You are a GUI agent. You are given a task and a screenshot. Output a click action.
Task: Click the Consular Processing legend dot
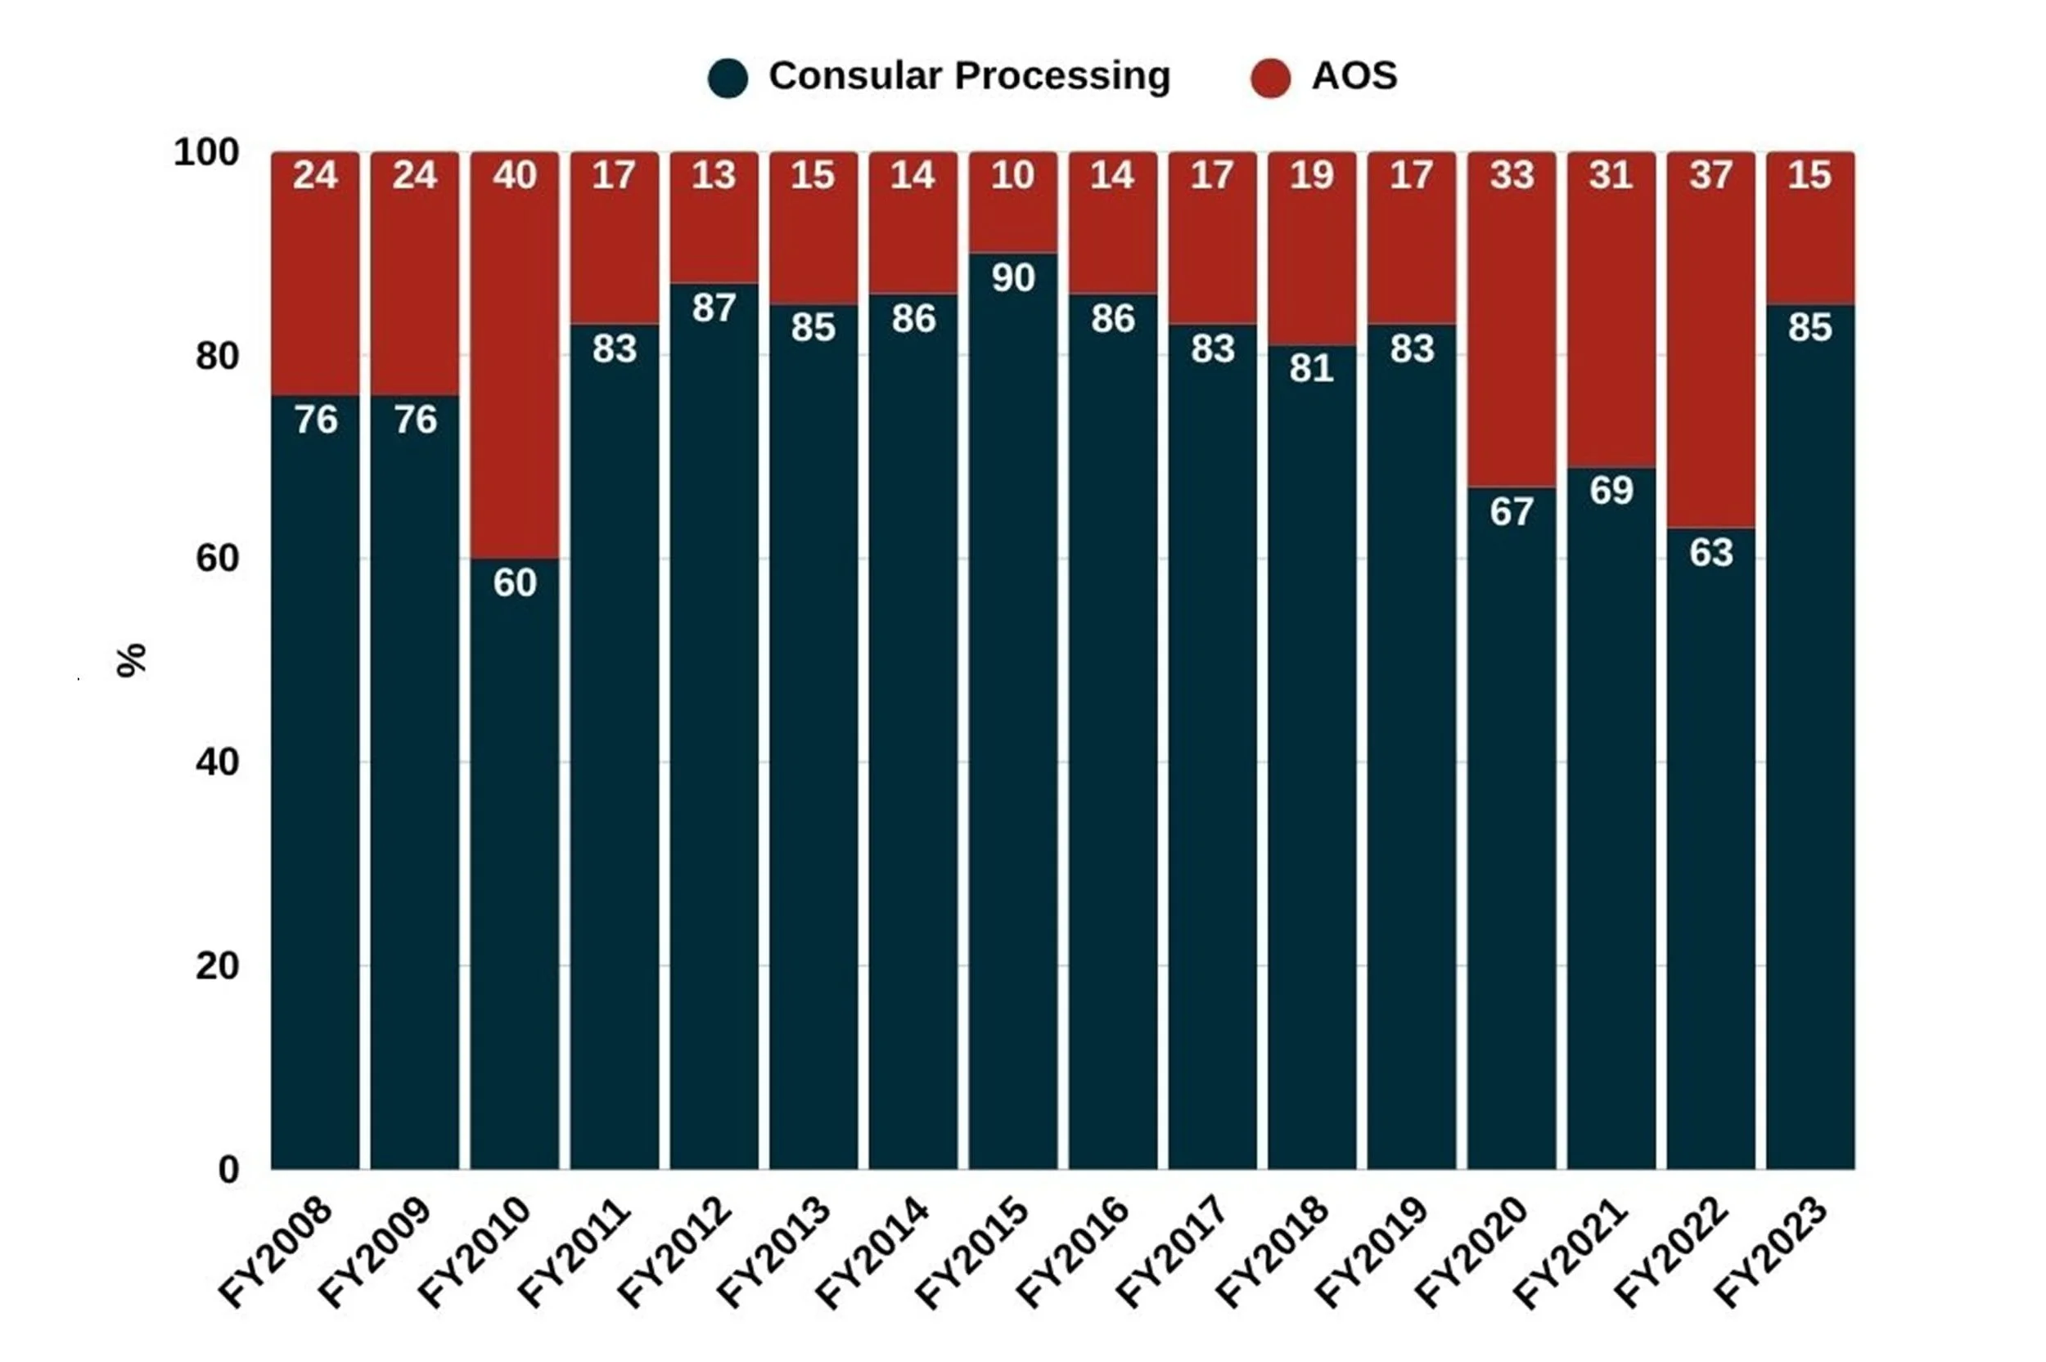[x=728, y=79]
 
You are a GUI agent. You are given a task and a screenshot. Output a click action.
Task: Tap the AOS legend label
[x=1354, y=75]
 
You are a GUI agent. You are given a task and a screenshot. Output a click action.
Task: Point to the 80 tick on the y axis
[x=217, y=356]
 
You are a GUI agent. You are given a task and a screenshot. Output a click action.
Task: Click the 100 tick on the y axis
[x=207, y=152]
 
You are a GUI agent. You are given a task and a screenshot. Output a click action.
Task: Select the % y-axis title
[x=131, y=660]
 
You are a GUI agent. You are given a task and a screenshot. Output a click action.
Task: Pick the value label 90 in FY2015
[x=1013, y=278]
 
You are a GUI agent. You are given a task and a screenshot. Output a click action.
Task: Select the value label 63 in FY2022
[x=1710, y=552]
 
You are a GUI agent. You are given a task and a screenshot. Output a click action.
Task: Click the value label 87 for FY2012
[x=714, y=308]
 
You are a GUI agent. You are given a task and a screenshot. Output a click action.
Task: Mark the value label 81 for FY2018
[x=1311, y=368]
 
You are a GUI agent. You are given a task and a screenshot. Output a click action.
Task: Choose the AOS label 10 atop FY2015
[x=1013, y=175]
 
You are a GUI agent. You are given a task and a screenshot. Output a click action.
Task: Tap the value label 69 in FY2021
[x=1611, y=491]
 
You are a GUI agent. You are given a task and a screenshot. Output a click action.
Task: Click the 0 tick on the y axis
[x=228, y=1170]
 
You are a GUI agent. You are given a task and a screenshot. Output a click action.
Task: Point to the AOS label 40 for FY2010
[x=514, y=175]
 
